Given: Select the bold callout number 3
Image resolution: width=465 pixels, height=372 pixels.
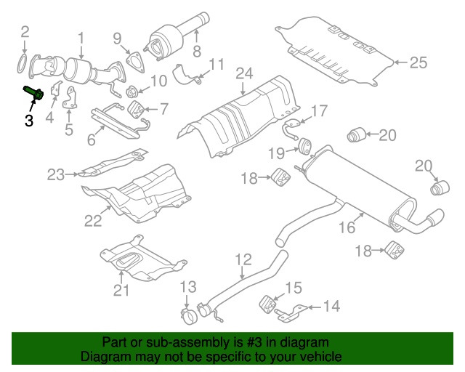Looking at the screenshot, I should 29,121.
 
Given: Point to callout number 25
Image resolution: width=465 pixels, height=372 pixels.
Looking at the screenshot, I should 417,63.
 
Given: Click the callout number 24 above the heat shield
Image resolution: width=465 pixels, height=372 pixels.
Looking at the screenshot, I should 243,74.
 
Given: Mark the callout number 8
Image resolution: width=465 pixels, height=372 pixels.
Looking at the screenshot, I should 195,51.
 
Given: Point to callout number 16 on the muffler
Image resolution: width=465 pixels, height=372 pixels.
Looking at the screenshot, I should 347,227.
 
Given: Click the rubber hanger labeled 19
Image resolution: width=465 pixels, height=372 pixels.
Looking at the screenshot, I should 304,149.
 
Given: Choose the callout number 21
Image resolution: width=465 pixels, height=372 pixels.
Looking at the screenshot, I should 121,291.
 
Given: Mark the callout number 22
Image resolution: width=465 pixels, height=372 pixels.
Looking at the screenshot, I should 93,219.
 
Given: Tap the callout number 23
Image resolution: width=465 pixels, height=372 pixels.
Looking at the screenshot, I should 57,174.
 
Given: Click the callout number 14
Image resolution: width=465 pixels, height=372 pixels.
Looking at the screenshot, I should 331,307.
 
